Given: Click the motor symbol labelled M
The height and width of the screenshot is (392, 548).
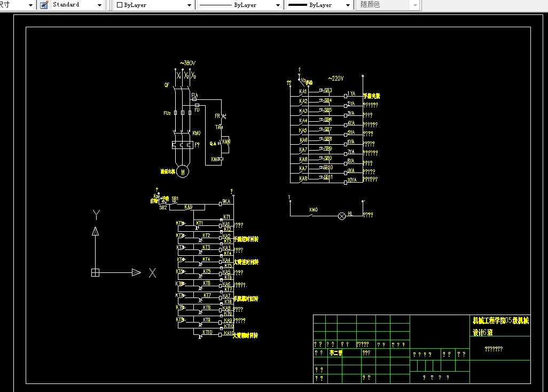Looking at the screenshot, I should pos(183,171).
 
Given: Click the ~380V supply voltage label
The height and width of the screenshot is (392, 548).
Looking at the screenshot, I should pos(187,63).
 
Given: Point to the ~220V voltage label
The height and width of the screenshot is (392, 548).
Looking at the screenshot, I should pos(335,79).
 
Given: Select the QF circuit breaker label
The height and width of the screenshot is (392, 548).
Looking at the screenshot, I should pos(167,85).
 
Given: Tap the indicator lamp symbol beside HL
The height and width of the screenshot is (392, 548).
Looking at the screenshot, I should pos(342,216).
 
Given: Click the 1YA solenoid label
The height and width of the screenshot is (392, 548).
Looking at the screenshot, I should pos(351,93).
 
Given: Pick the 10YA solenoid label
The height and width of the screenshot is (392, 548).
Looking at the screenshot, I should pos(352,180).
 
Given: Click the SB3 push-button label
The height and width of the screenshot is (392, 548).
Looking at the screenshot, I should pos(327,90).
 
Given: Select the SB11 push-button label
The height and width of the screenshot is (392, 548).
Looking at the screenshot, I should pos(327,177).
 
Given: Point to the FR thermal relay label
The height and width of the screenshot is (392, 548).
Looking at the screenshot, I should pos(217,116).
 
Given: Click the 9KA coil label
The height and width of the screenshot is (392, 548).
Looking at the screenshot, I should pos(226,202).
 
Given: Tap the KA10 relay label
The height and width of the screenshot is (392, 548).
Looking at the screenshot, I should pos(228,333).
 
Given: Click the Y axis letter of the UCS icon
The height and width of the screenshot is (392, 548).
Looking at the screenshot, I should pos(96,215).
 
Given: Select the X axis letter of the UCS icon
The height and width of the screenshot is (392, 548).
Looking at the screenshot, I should pos(152,273).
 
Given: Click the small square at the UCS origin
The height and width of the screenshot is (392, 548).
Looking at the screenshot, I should pos(95,272).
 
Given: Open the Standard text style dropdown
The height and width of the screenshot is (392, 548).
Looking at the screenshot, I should pos(99,5).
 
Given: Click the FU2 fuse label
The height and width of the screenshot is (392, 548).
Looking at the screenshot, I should pos(167,113).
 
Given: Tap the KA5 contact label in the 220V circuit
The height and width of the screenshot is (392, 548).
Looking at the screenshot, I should pos(303,130).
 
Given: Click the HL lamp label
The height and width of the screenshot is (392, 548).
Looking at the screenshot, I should pos(350,214).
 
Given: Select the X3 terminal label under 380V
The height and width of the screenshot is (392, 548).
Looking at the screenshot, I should pos(193,76).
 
